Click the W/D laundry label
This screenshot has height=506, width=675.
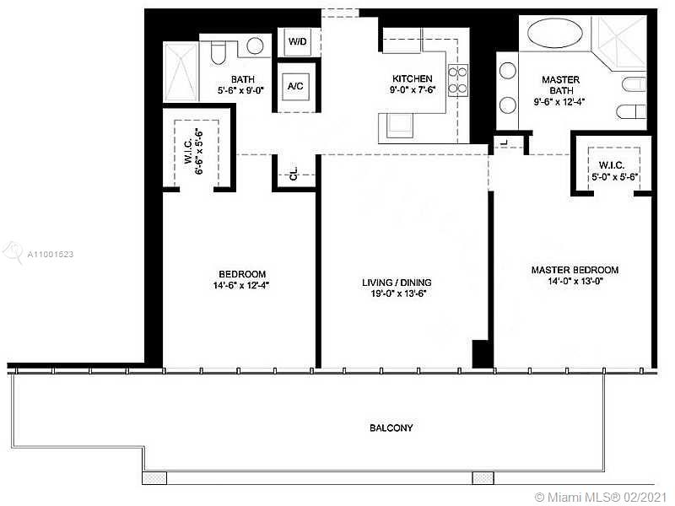tap(298, 41)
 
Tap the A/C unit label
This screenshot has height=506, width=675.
tap(295, 86)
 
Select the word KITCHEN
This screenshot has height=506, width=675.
tap(412, 78)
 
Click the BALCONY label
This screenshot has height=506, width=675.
tap(391, 428)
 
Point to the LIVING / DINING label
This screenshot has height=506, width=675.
tap(397, 283)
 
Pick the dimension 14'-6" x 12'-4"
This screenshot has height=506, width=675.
tap(241, 285)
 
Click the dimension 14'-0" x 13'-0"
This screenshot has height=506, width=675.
tap(575, 282)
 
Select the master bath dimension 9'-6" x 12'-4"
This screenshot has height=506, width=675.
tap(559, 102)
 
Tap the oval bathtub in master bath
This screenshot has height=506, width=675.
tap(555, 33)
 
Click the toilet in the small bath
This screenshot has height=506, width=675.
tap(219, 52)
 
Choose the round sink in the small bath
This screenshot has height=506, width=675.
tap(255, 46)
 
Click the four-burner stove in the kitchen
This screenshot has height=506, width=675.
tap(458, 80)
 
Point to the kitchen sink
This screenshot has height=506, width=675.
tap(400, 125)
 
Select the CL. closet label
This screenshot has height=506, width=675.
tap(294, 174)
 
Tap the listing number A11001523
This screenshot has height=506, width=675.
tap(51, 255)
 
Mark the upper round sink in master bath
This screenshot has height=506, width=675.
tap(508, 71)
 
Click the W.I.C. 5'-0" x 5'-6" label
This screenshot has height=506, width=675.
tap(613, 171)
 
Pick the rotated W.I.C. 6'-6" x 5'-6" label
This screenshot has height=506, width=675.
tap(195, 151)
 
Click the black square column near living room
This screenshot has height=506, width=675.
tap(483, 353)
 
